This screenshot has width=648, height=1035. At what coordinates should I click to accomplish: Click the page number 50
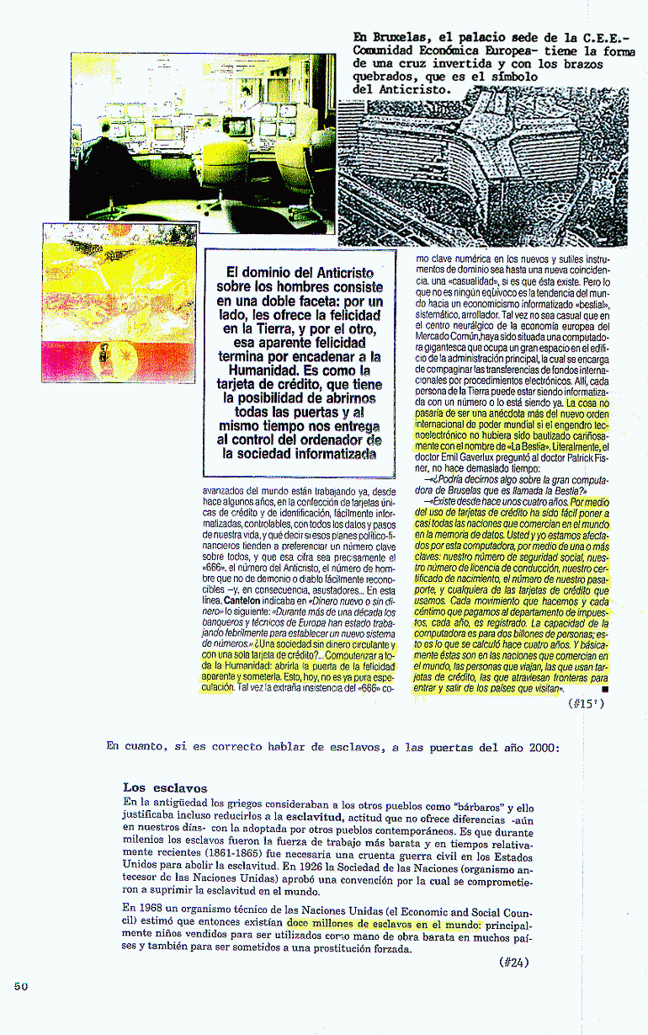(22, 986)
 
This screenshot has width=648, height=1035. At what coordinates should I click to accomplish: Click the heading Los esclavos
(165, 788)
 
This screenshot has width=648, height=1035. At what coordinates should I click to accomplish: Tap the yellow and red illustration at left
(119, 303)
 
